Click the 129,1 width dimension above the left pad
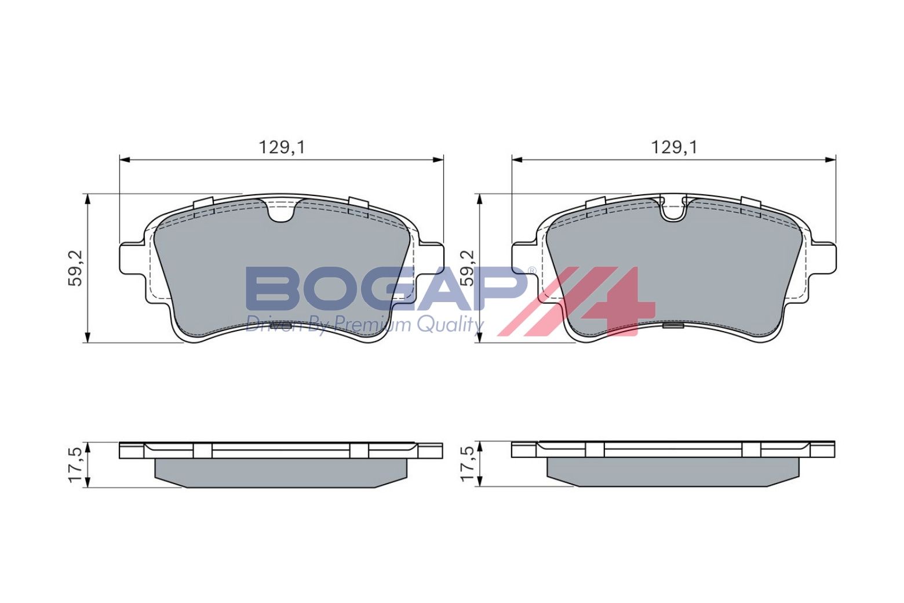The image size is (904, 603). (281, 147)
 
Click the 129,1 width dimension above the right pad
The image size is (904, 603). (673, 147)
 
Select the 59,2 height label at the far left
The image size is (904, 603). (76, 268)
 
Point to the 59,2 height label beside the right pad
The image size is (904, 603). (467, 268)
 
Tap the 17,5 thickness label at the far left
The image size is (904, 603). (76, 464)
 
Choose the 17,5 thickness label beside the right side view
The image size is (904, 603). (467, 464)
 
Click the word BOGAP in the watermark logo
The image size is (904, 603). (382, 289)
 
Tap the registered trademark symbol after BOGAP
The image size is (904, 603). (531, 271)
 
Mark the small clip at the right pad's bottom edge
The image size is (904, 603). (673, 326)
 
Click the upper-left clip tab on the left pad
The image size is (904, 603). (203, 205)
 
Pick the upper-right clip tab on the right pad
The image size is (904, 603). (751, 204)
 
